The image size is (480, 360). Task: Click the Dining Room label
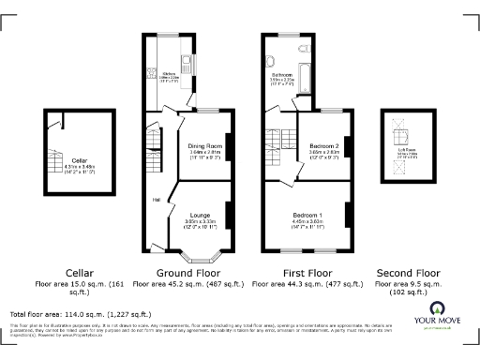coord(204,147)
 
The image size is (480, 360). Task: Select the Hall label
coord(156,199)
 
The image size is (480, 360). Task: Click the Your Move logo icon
coord(437,307)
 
